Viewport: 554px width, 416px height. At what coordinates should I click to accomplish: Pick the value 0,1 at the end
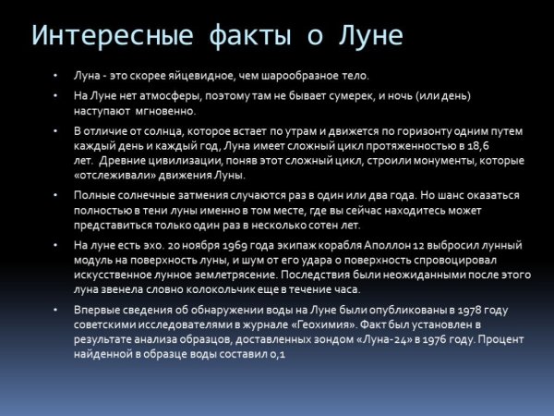pos(278,354)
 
